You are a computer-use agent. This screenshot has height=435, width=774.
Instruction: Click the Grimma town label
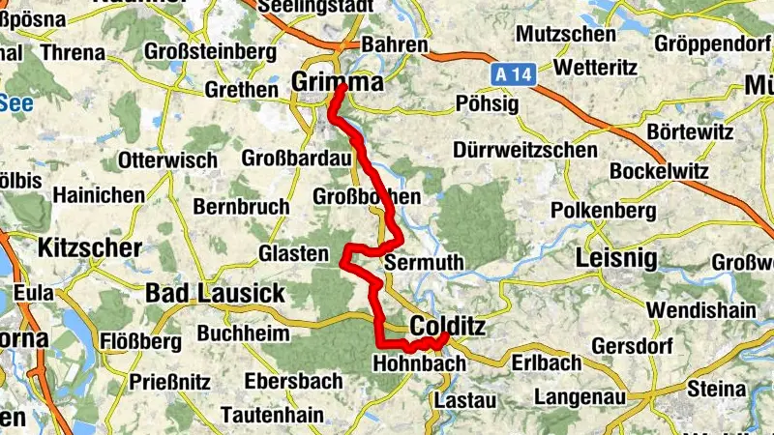point(337,82)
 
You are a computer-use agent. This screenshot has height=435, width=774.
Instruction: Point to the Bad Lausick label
point(215,292)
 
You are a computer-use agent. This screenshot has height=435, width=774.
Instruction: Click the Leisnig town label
point(615,258)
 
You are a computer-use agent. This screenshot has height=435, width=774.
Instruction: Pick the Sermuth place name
point(424,262)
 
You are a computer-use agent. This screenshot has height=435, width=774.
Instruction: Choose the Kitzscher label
point(90,248)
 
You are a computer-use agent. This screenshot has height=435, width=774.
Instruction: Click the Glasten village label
point(294,253)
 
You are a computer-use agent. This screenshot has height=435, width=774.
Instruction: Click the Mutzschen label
point(566,35)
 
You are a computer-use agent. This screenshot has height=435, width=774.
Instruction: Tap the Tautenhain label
point(267,414)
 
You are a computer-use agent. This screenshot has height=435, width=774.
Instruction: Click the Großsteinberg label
point(203,50)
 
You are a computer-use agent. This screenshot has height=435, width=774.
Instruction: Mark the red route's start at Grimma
point(342,89)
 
